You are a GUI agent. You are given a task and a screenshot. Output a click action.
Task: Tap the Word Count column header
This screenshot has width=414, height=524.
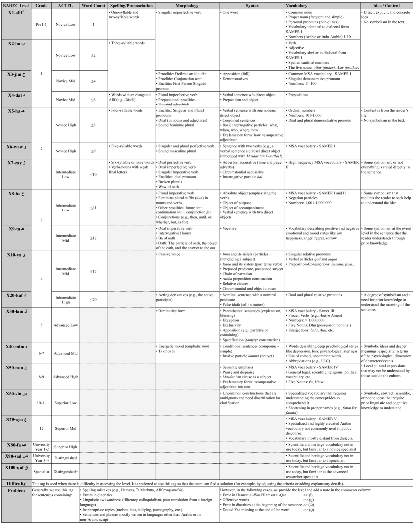click(93, 4)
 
